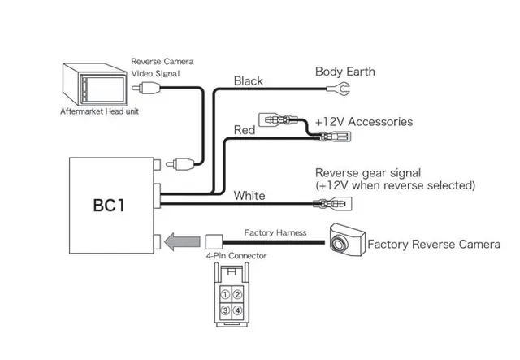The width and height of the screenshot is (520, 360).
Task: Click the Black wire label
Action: (x=248, y=80)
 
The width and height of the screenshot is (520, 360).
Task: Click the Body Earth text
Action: (x=345, y=72)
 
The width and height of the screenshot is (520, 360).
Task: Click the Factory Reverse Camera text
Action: (x=434, y=243)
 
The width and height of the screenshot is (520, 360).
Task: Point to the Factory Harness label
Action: (x=275, y=232)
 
